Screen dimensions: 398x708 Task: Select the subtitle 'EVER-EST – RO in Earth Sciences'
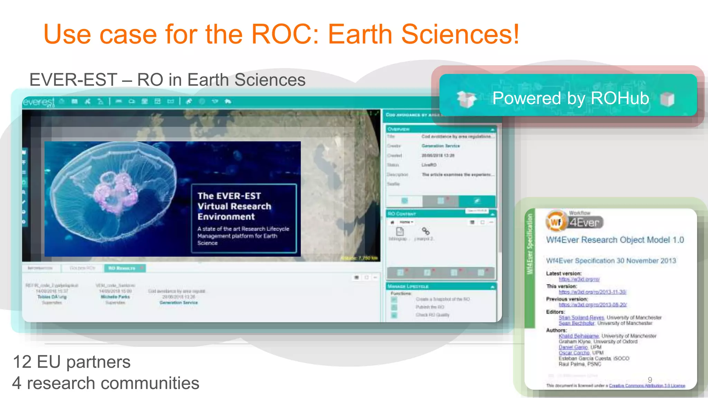[x=167, y=80]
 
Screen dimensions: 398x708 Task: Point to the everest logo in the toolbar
[x=38, y=102]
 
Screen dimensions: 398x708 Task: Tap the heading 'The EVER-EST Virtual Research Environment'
[x=234, y=206]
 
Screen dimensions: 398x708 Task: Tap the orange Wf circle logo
[x=556, y=222]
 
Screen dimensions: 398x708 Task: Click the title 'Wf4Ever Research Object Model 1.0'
[x=615, y=240]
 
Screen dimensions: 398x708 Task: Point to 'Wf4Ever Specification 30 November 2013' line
[x=611, y=261]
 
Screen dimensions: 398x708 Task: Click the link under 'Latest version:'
[x=579, y=279]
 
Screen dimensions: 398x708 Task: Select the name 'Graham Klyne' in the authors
[x=574, y=342]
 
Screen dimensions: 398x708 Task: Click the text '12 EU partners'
[x=72, y=362]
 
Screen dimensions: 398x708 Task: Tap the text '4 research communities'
[x=105, y=383]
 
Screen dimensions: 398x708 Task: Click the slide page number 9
[x=650, y=380]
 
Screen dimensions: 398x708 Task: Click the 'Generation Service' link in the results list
[x=178, y=303]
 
